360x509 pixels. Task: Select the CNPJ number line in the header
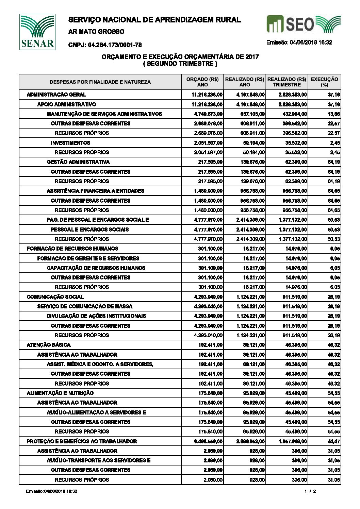click(105, 45)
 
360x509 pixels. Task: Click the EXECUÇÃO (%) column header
click(325, 82)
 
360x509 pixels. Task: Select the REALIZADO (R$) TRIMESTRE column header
click(287, 82)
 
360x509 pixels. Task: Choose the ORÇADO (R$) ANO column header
click(202, 82)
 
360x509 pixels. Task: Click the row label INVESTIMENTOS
click(70, 143)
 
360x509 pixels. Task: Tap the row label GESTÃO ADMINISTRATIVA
click(78, 162)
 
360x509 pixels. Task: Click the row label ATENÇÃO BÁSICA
click(49, 345)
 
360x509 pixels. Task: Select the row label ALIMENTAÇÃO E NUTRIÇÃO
click(60, 393)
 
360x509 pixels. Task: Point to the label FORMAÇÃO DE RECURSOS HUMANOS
click(72, 249)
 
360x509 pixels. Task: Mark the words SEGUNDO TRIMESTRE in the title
click(180, 64)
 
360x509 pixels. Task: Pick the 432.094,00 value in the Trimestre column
click(295, 114)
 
